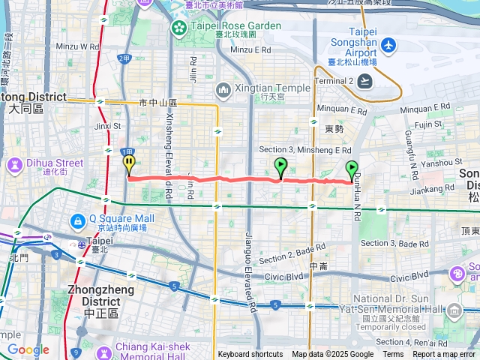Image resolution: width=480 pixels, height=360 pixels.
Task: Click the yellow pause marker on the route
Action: point(130,161)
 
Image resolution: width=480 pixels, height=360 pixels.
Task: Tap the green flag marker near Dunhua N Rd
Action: point(351,169)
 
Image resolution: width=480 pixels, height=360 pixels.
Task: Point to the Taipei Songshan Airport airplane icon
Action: point(388,46)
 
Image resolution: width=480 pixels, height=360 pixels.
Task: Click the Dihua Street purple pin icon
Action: point(15,163)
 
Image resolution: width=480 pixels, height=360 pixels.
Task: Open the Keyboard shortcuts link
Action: point(250,355)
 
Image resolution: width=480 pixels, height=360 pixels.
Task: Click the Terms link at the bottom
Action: point(393,355)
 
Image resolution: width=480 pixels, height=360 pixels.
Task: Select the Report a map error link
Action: point(445,355)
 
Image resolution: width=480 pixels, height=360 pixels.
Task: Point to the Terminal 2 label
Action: point(331,79)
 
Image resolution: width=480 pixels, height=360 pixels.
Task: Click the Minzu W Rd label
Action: point(78,46)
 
